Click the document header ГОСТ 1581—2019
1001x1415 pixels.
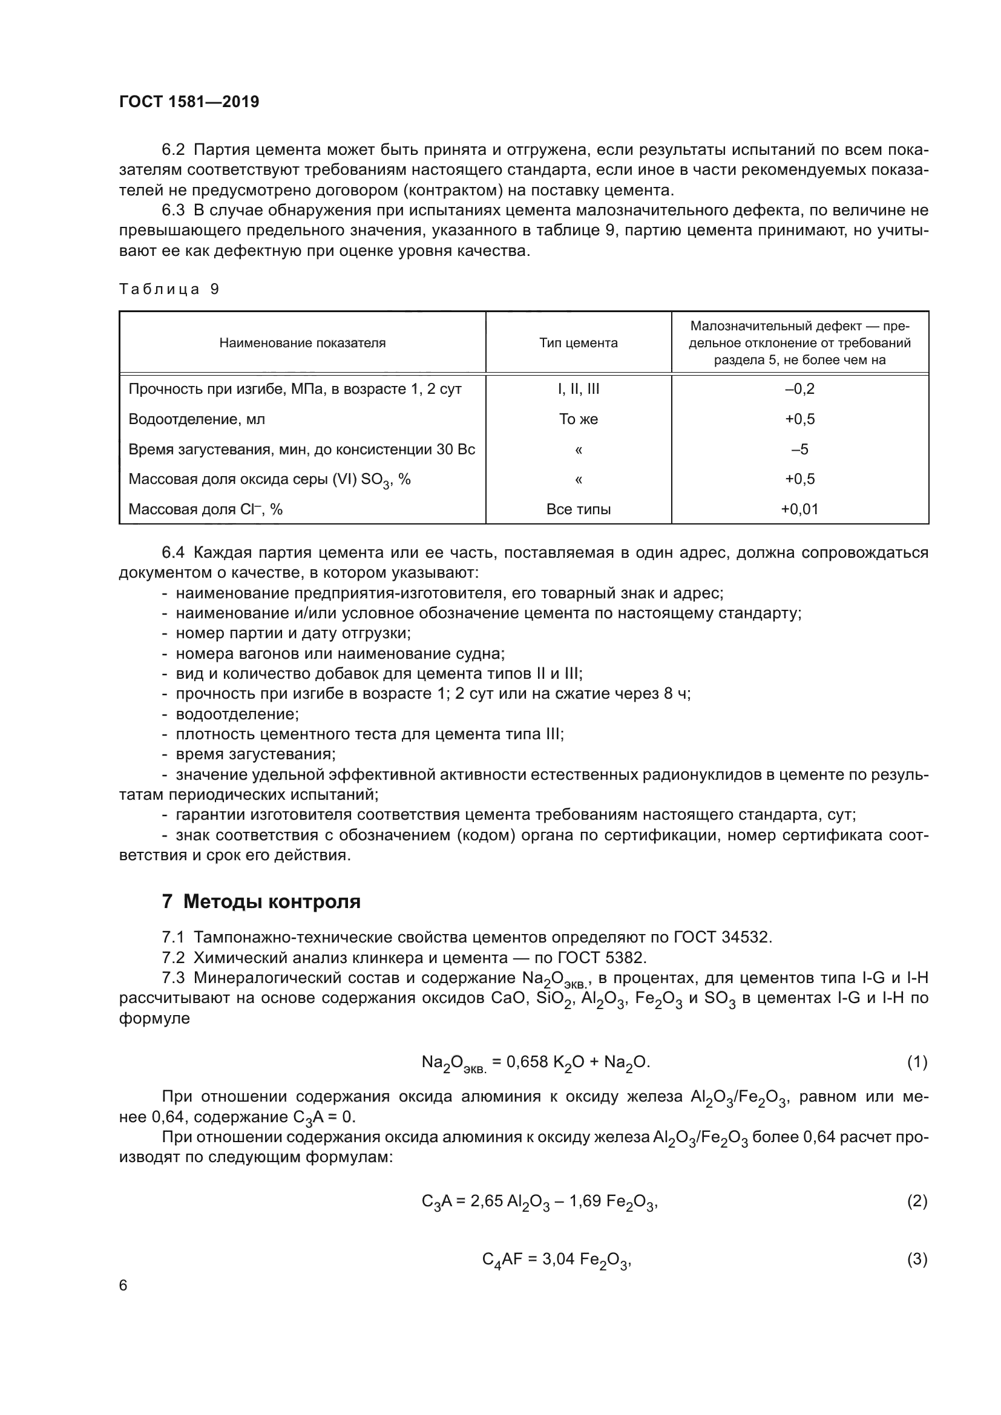point(189,102)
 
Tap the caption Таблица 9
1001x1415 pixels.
point(169,289)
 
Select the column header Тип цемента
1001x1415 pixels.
point(577,342)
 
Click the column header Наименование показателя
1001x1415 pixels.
point(302,342)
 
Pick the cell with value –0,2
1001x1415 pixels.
point(799,389)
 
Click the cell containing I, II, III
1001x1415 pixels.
point(577,389)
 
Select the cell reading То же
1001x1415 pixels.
point(577,419)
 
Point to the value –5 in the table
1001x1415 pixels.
point(799,449)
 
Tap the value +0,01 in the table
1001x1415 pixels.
point(799,509)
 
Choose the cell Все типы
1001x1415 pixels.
point(577,509)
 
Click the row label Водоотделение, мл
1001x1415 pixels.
point(197,419)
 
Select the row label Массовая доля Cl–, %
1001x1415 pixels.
point(205,509)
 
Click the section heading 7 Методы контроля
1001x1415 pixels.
point(261,901)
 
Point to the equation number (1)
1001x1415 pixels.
point(916,1062)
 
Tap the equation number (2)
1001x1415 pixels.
point(916,1200)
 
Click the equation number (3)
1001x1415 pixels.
point(916,1260)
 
